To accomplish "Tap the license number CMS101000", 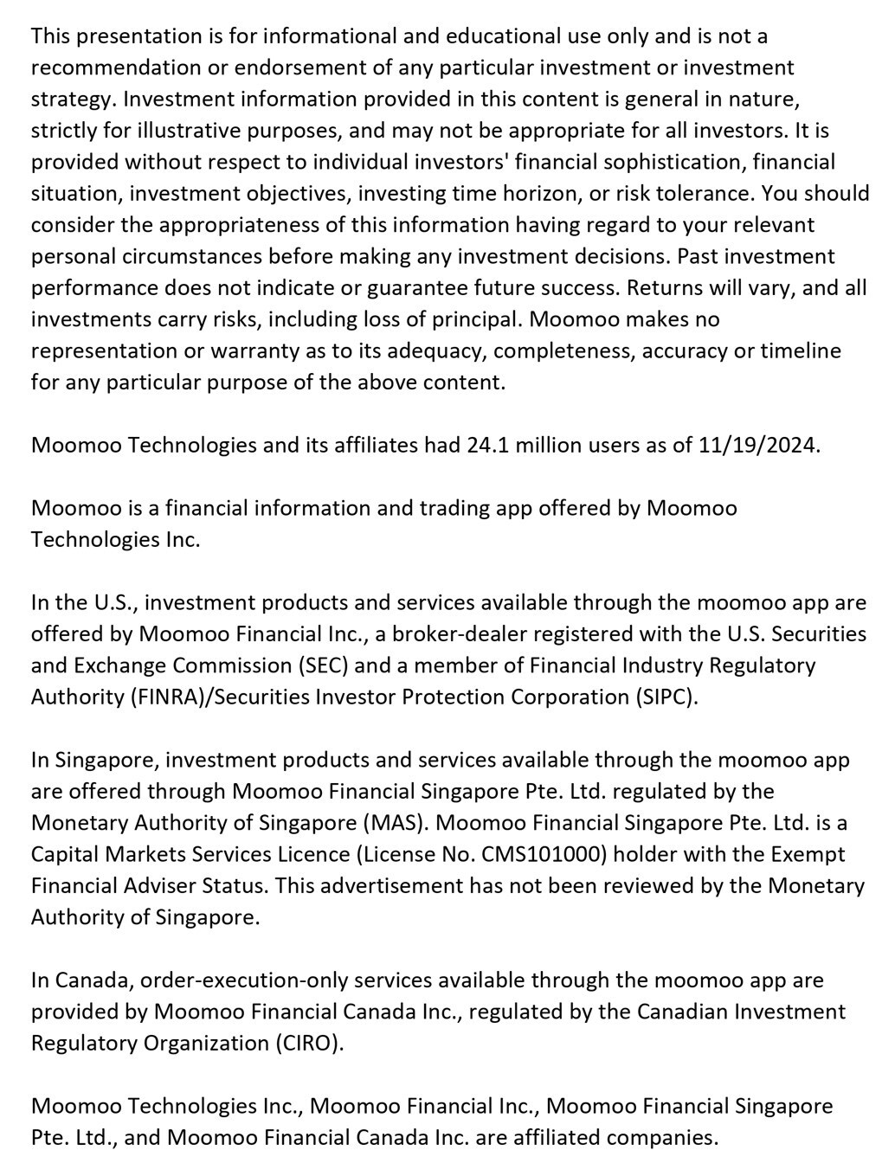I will click(x=538, y=854).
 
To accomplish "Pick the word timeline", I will click(x=789, y=350).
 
